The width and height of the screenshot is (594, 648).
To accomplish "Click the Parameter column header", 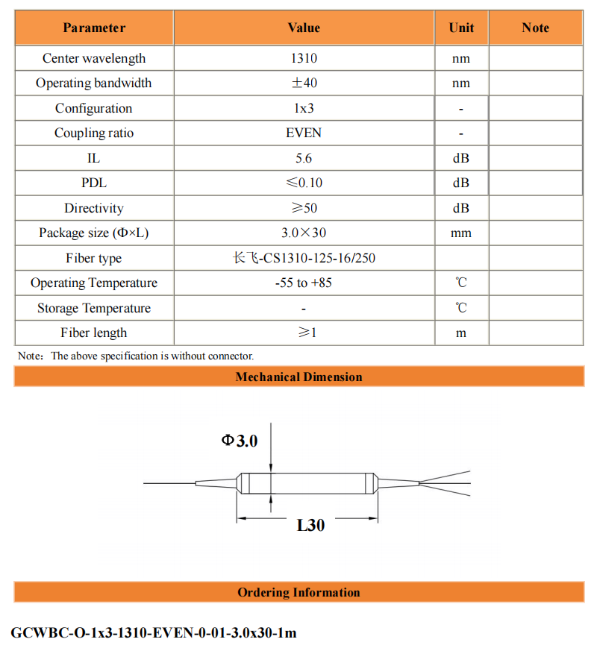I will pos(94,28).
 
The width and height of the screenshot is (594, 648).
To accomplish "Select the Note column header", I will pos(535,28).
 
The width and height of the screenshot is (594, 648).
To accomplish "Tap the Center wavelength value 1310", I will pos(304,58).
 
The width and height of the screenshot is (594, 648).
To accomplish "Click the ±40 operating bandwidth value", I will pos(304,84).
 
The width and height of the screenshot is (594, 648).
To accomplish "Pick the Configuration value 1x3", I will pos(304,108).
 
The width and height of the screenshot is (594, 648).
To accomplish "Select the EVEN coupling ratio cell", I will pos(304,133).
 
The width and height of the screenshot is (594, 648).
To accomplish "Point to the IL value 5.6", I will pos(304,158).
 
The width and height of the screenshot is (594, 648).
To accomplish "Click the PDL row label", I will pos(94,183).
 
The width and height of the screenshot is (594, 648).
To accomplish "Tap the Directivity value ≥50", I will pos(304,208).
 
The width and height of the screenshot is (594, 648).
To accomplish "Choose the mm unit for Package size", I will pos(461,233).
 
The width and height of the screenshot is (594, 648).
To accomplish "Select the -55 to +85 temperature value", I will pos(304,283).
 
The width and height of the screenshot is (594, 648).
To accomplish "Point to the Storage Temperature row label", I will pos(94,308).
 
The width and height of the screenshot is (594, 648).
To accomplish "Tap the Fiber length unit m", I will pos(461,333).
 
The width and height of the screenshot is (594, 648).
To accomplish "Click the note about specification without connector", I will pos(136,356).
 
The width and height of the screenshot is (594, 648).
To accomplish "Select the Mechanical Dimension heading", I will pos(298,377).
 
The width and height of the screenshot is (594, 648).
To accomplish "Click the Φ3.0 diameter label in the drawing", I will pos(240,441).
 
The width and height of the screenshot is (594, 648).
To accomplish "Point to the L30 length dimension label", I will pos(310,525).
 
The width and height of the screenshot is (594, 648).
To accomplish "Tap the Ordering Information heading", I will pos(298,592).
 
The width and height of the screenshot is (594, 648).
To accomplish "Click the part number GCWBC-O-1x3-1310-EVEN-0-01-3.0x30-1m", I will pos(154,632).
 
